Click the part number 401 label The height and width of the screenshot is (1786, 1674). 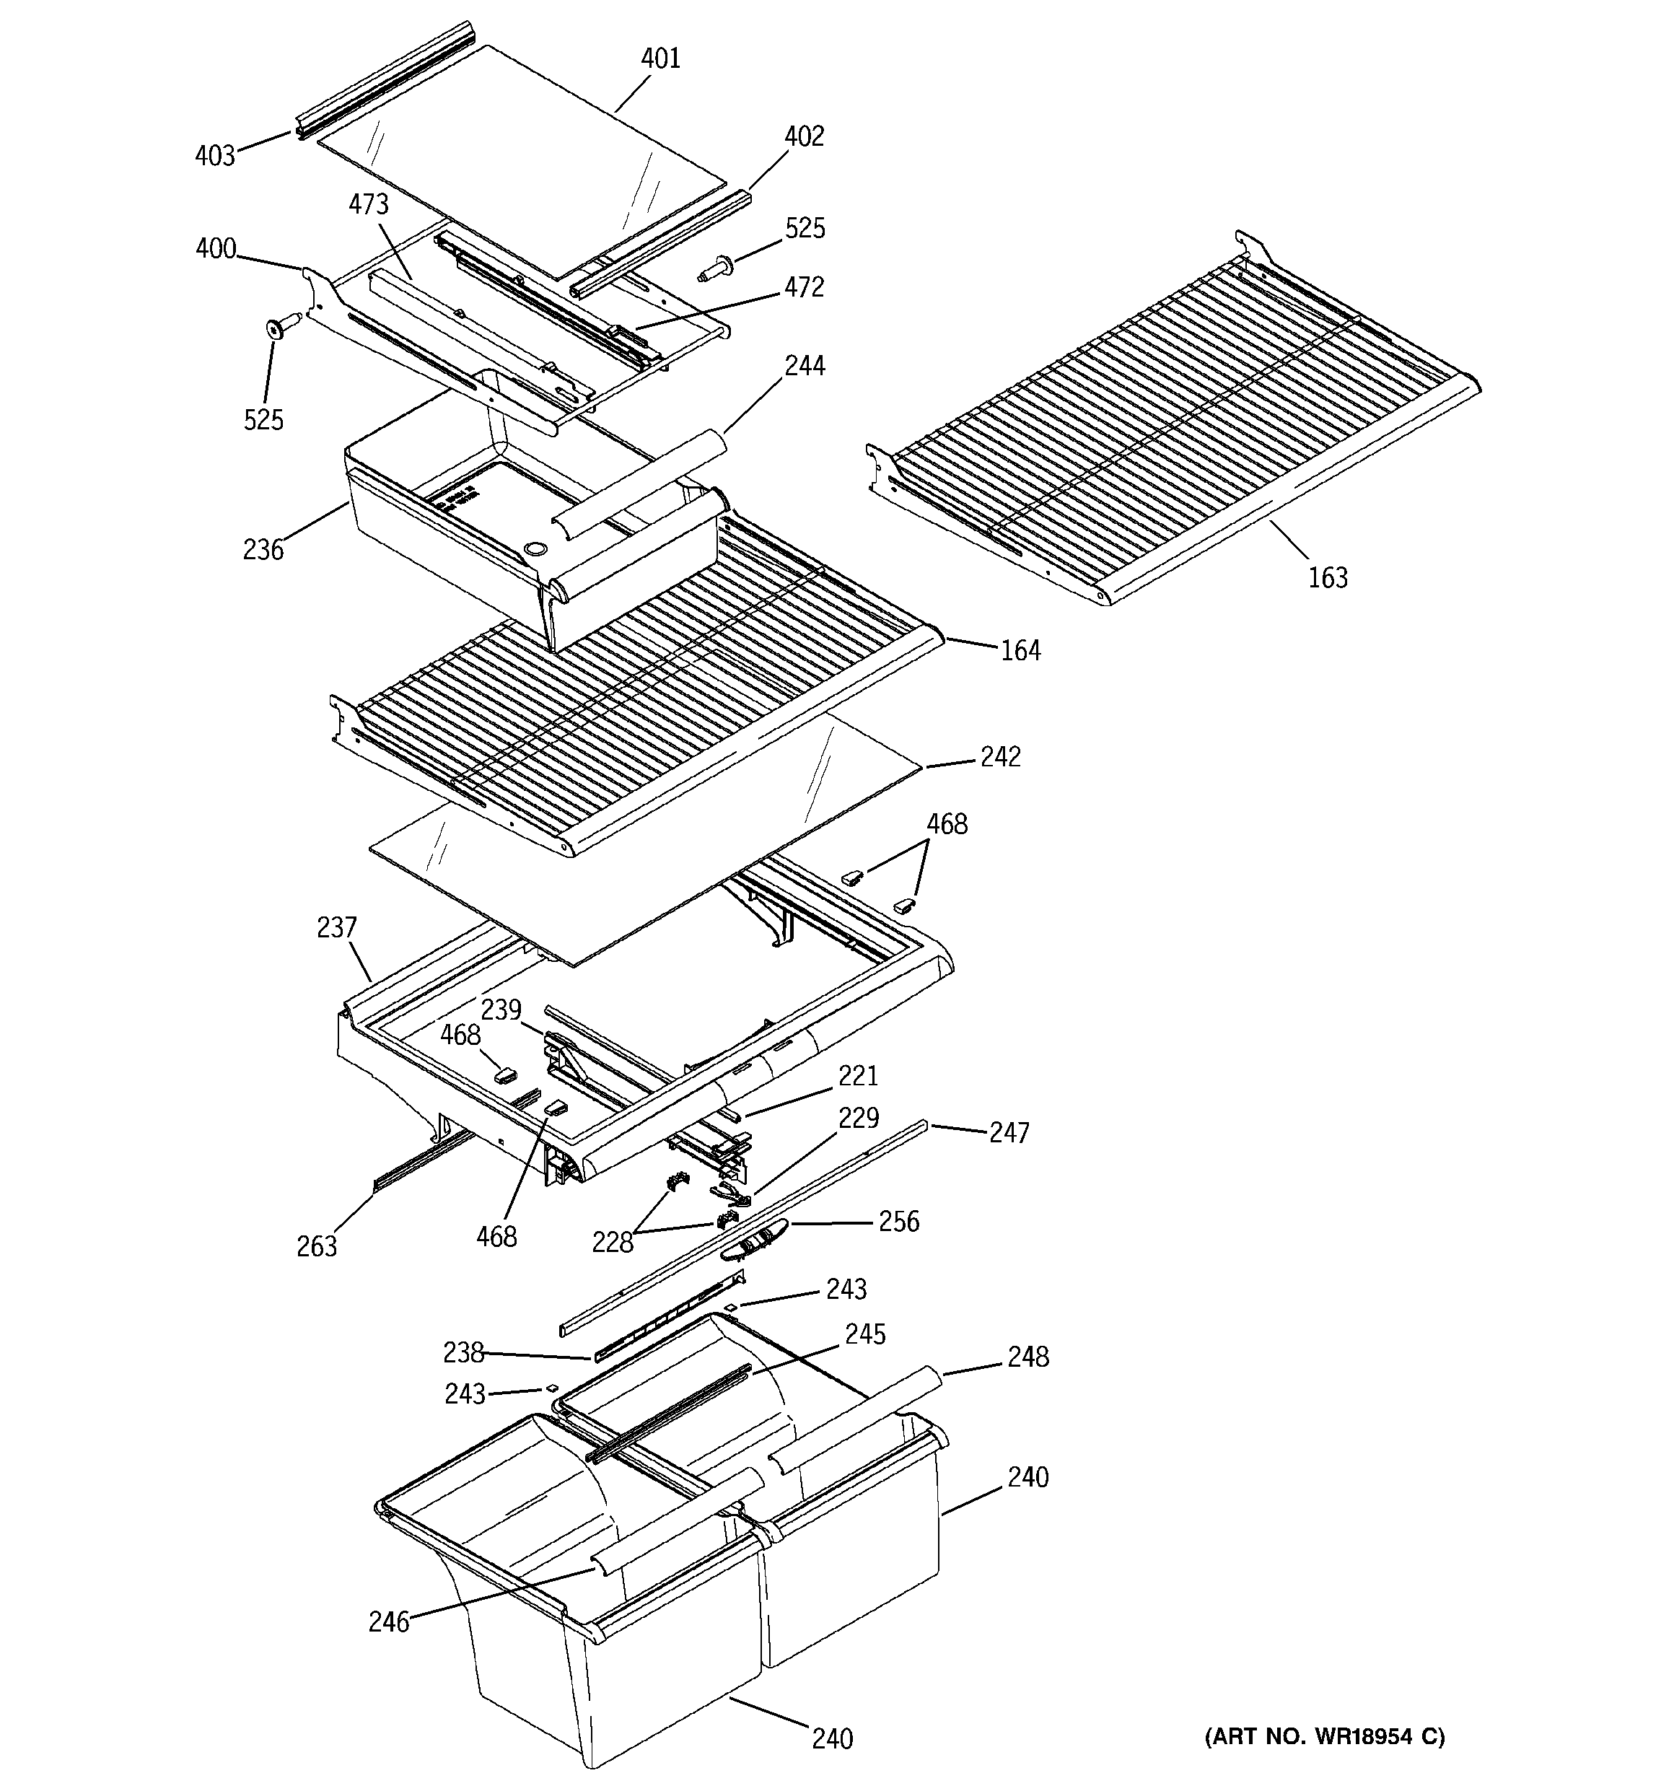coord(660,58)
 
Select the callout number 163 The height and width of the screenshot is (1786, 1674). coord(1327,578)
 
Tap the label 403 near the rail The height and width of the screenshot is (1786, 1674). coord(215,155)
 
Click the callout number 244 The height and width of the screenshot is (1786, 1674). coord(805,366)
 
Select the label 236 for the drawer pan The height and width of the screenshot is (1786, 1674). coord(263,550)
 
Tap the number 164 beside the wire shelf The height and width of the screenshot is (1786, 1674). coord(1021,650)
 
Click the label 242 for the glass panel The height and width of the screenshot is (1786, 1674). coord(1000,758)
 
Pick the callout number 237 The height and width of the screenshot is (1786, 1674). coord(337,927)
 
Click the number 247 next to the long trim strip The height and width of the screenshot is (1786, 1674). coord(1009,1133)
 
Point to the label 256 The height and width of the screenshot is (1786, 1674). coord(898,1222)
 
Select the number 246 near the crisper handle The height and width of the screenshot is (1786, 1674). coord(388,1621)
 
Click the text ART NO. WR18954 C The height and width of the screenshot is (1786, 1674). coord(1325,1737)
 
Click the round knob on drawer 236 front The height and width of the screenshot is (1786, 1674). coord(535,548)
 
